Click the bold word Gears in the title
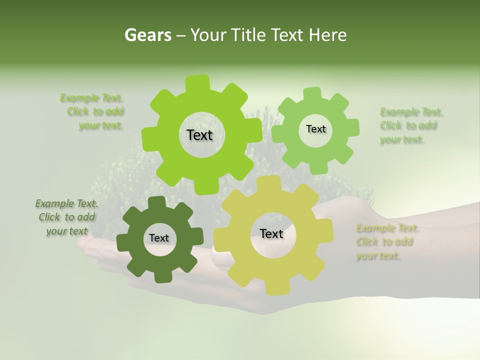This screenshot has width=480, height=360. [147, 35]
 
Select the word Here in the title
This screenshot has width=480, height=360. [327, 35]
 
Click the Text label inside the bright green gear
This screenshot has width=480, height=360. [199, 135]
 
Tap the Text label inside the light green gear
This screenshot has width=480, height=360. [315, 129]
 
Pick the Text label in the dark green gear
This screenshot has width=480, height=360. [159, 238]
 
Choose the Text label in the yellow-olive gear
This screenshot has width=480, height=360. [271, 233]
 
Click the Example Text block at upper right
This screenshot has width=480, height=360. [410, 125]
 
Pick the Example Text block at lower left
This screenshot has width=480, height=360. [66, 217]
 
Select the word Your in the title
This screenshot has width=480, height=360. [207, 35]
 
